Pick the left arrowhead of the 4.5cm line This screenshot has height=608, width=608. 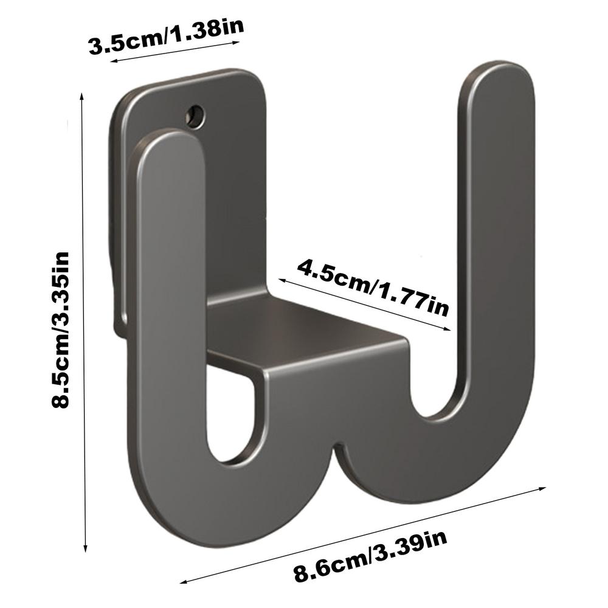tap(282, 279)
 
